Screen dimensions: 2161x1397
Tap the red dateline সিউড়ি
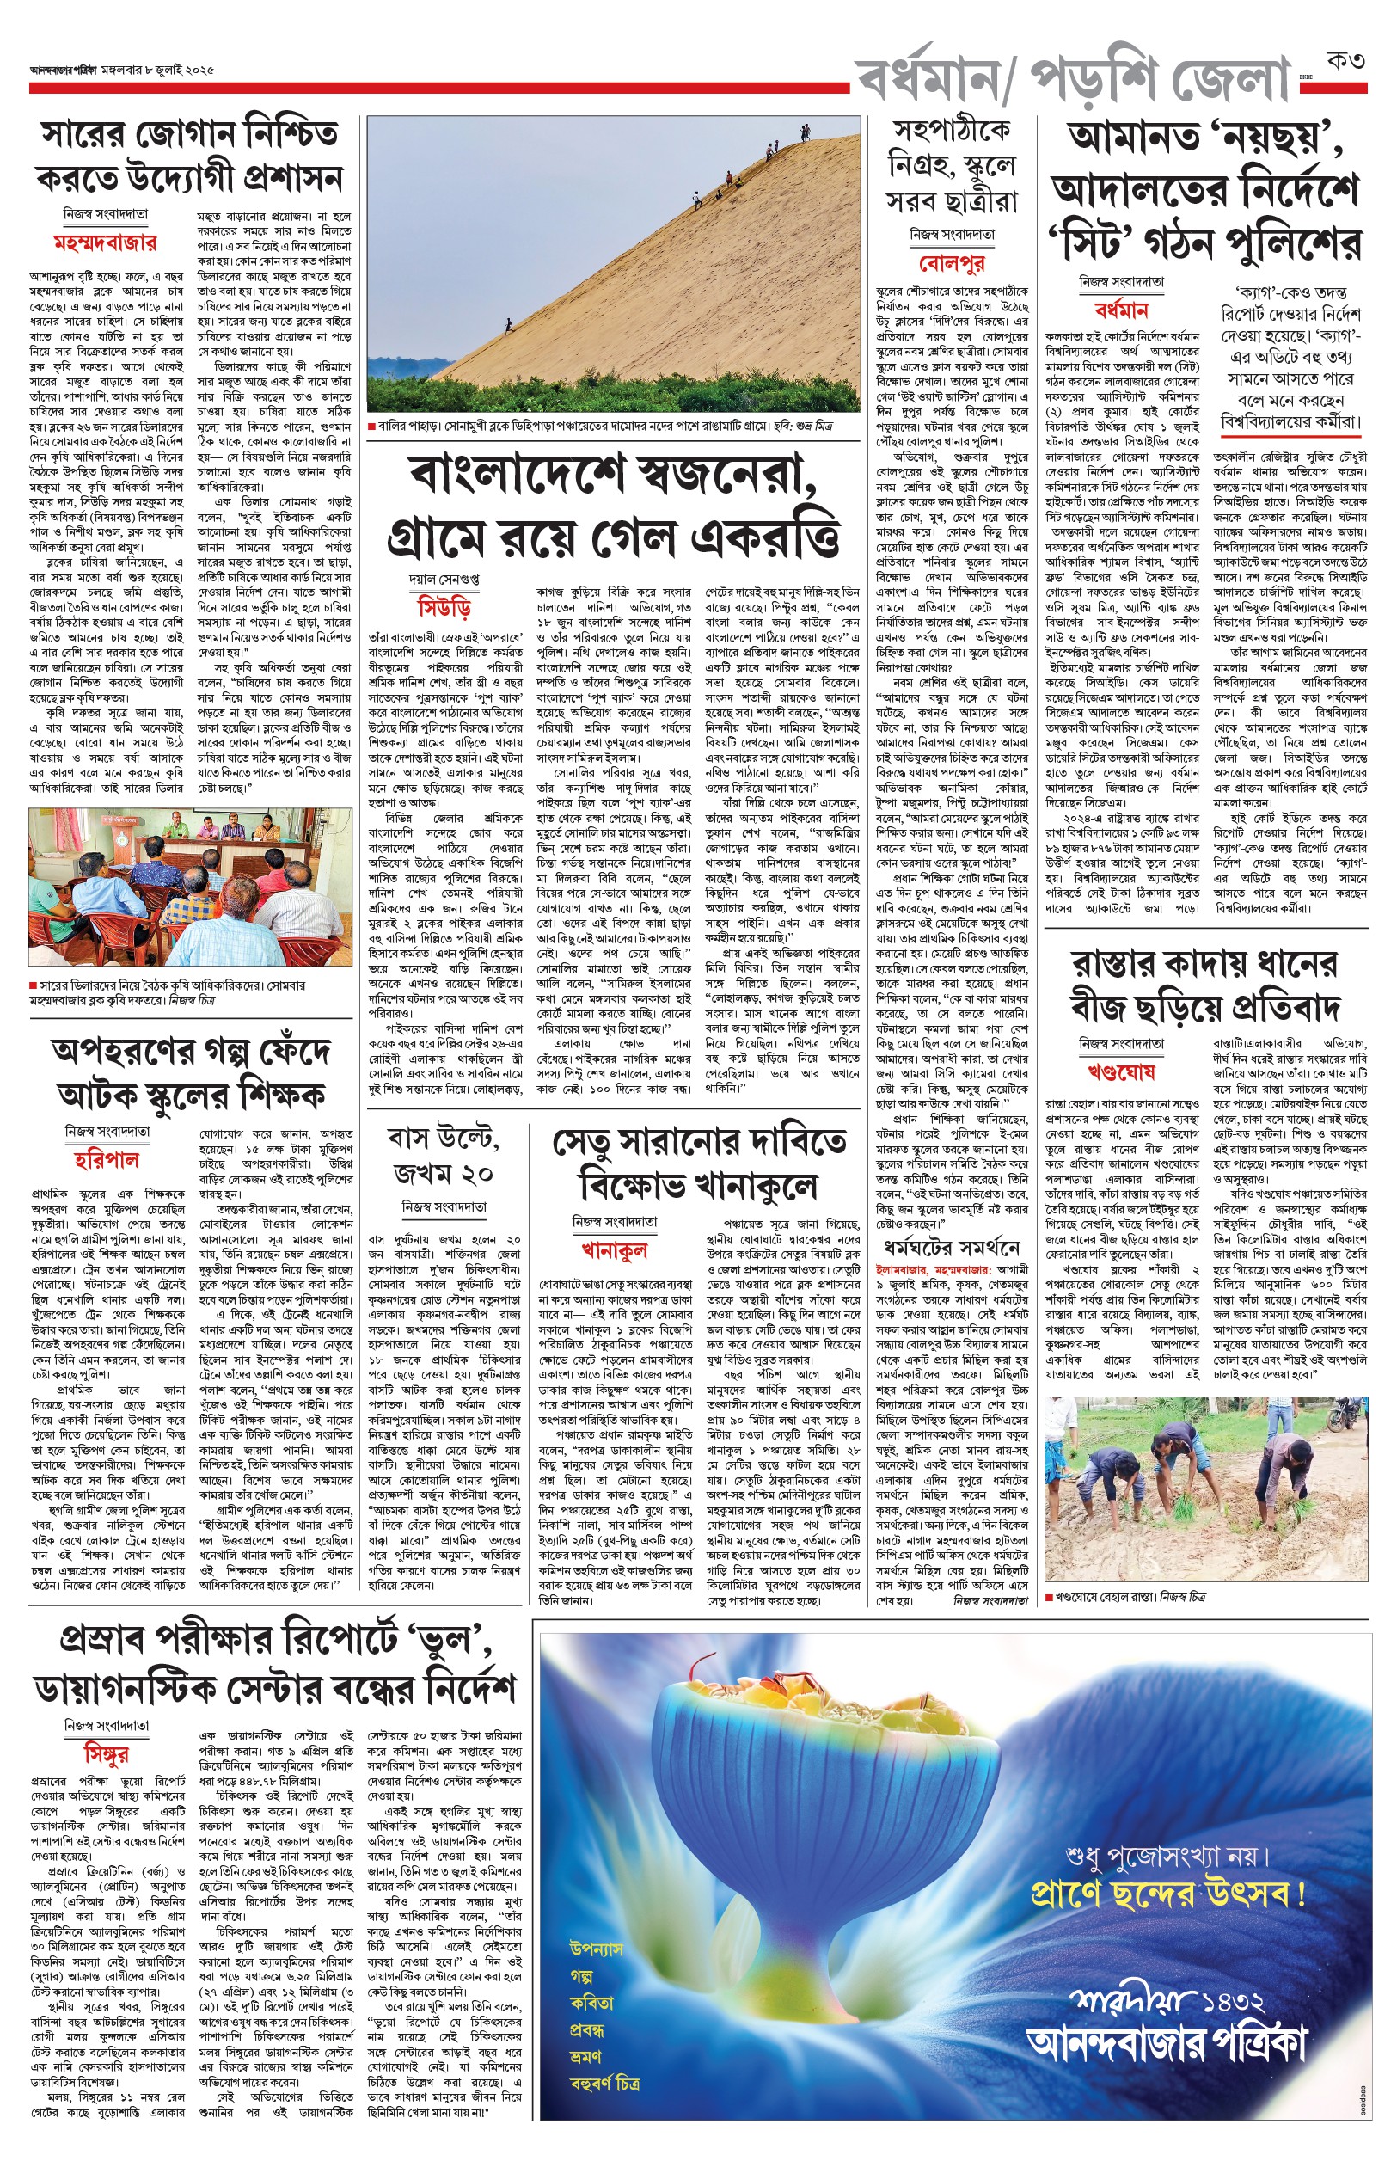coord(444,606)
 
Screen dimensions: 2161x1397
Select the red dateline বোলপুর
coord(952,263)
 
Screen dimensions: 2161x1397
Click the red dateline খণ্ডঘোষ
coord(1121,1072)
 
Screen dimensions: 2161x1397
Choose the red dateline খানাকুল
coord(614,1250)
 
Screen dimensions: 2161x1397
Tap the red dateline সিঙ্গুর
coord(106,1752)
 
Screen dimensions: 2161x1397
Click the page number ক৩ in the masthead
coord(1345,62)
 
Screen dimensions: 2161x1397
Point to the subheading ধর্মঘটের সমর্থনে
coord(951,1249)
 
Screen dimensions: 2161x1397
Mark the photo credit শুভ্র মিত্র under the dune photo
coord(811,426)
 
